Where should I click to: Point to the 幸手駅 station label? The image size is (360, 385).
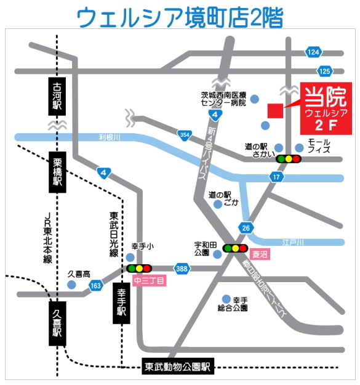(121, 302)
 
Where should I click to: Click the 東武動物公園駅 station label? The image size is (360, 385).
(178, 366)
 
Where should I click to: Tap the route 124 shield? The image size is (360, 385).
(313, 52)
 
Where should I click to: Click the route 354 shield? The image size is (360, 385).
(185, 134)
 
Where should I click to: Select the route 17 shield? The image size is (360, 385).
(277, 177)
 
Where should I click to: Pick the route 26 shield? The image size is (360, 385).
(247, 228)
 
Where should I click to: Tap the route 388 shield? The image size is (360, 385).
(182, 269)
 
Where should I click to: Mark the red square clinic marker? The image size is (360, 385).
(274, 111)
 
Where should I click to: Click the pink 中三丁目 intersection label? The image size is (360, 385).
(148, 281)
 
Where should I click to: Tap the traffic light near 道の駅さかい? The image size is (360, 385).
(288, 159)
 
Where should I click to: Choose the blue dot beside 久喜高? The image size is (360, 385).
(72, 285)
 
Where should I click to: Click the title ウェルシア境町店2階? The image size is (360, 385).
(180, 18)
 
